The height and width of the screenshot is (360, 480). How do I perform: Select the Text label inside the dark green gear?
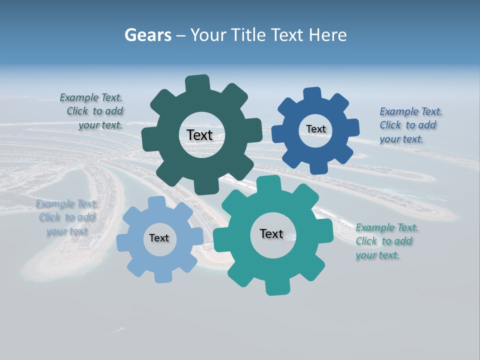[199, 135]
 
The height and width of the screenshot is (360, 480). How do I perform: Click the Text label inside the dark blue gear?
[315, 129]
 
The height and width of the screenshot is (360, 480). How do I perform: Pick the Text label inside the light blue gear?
[159, 238]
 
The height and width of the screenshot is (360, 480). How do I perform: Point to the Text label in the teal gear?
[271, 233]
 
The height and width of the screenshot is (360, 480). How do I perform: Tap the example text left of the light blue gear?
[66, 217]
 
